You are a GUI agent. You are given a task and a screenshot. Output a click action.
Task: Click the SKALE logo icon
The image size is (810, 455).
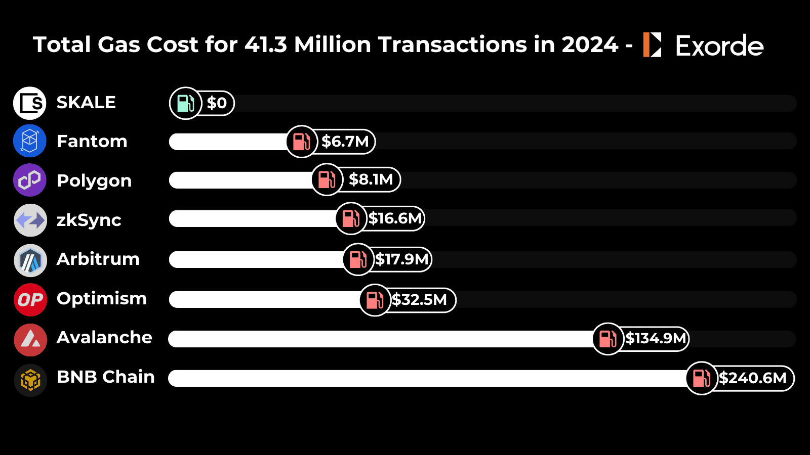(30, 103)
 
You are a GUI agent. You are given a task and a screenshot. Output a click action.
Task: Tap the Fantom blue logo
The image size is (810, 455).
(30, 141)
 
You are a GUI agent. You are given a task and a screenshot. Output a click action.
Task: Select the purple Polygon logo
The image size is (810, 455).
(30, 180)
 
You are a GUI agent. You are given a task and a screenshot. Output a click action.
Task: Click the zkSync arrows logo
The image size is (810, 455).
(30, 220)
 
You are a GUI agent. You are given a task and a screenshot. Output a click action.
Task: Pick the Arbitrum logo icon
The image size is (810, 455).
(30, 260)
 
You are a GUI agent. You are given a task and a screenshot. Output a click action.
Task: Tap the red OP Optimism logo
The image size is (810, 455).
(30, 300)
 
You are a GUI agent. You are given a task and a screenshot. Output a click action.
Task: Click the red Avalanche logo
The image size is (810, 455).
(30, 340)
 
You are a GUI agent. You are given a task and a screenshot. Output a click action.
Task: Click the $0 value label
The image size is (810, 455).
(217, 103)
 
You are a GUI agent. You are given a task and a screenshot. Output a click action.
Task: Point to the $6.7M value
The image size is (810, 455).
(345, 142)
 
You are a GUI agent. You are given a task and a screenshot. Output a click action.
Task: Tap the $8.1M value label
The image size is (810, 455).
(371, 179)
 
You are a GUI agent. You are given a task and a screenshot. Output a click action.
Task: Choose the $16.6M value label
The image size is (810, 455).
(395, 218)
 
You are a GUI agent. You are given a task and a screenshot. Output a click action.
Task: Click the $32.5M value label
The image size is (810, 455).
(420, 300)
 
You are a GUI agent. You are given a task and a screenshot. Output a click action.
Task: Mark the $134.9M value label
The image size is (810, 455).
(656, 338)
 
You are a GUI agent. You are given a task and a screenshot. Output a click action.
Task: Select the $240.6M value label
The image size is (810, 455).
(753, 378)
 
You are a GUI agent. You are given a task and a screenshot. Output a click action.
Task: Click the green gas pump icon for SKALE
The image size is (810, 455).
(185, 103)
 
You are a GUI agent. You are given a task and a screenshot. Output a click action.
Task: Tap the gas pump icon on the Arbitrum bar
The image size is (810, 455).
(358, 259)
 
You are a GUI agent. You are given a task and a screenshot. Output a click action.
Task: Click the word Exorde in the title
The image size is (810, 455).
(719, 46)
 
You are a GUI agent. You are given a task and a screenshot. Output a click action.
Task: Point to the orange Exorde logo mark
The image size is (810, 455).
(652, 44)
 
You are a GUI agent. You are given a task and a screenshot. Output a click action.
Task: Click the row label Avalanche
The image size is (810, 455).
(104, 337)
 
